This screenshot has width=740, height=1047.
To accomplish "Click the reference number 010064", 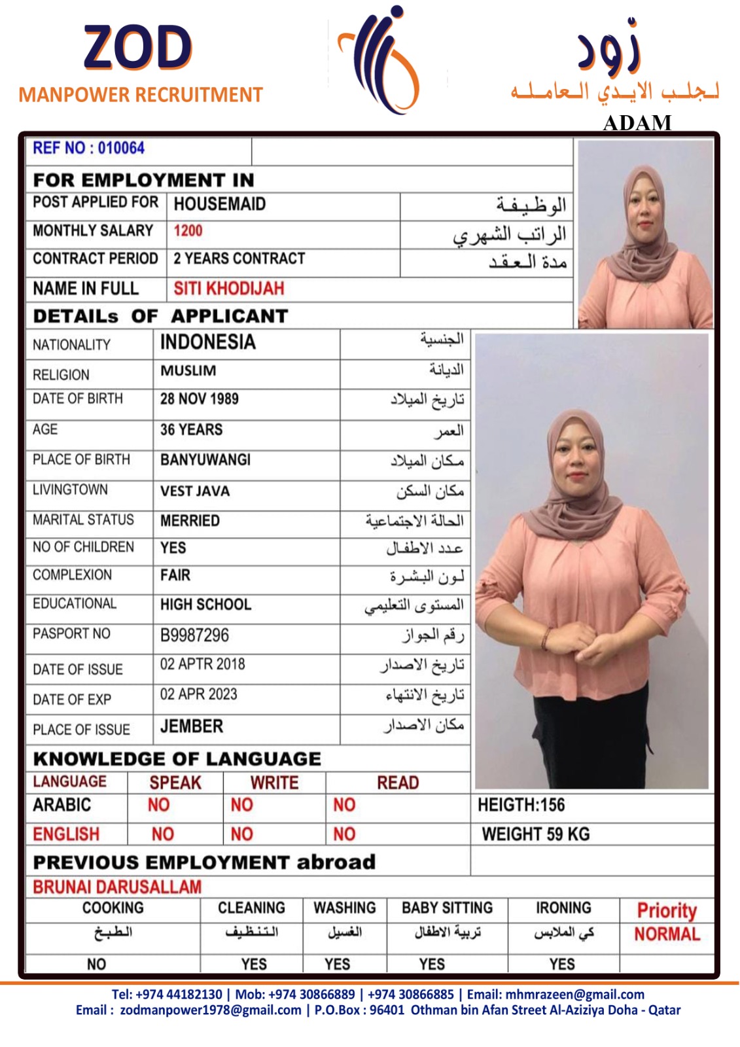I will point(121,148).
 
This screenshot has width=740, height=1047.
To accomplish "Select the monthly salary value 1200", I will point(188,231).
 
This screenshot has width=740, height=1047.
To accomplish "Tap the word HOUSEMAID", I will point(219,204).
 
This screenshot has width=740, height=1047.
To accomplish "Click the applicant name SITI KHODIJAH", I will point(228,289).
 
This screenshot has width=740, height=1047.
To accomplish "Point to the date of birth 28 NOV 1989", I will point(199,399).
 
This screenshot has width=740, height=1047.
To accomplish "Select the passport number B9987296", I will point(194,635).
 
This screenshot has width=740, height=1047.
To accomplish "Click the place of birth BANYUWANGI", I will point(205,460).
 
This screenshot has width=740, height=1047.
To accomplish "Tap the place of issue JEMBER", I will point(191,726).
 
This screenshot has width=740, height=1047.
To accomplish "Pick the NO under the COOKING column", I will point(96,964).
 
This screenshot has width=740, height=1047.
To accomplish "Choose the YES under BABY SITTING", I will point(432,964).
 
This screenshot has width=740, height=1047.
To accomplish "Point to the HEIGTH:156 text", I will point(521,805).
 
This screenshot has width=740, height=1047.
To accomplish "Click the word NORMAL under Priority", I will point(667,934).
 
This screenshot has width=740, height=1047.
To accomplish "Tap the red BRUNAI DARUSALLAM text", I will point(117,887).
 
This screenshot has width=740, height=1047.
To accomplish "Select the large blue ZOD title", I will point(138,47).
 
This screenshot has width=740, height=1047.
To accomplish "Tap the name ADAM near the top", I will point(637,122).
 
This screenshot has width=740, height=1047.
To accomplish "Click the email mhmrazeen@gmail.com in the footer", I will point(574,995).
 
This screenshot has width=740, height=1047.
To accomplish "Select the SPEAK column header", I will point(175,783).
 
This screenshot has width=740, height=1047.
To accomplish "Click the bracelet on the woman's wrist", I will point(545,637).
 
